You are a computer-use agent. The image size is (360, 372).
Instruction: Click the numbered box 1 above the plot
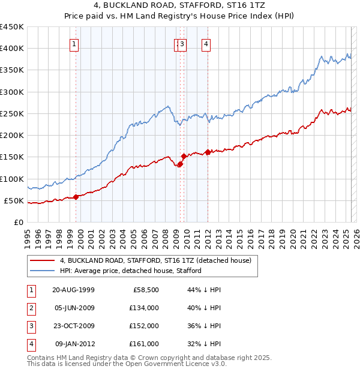(73, 43)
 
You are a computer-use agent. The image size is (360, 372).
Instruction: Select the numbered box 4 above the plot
(205, 43)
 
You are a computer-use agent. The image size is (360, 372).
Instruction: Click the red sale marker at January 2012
(208, 152)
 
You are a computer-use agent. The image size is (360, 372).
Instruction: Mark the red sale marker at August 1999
(76, 197)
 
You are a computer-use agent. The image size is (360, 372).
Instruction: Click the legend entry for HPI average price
(130, 271)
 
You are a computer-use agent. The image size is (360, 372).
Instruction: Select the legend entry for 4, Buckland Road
(159, 260)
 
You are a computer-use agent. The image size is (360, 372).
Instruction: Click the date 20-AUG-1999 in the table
(73, 289)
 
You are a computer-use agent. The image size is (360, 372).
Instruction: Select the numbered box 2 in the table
(31, 308)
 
